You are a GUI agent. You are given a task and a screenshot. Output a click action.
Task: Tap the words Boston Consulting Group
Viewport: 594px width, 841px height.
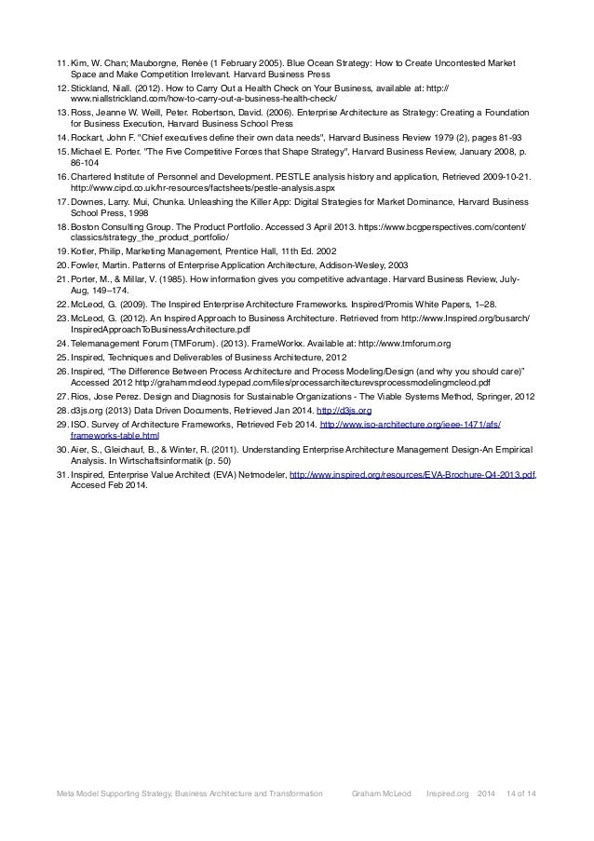coord(121,226)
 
